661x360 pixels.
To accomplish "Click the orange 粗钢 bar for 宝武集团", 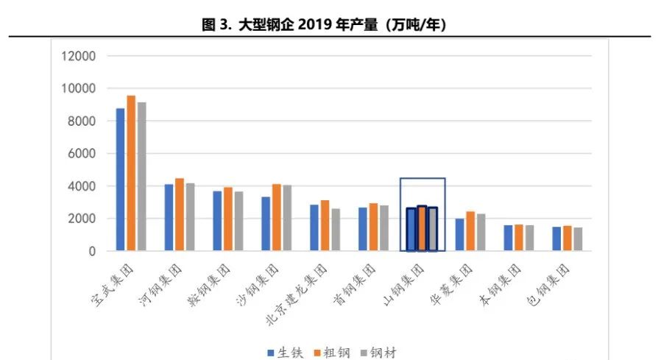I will tap(131, 174).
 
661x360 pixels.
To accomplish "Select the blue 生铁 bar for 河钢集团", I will tap(169, 218).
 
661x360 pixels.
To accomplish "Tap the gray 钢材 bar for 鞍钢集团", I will tap(238, 222).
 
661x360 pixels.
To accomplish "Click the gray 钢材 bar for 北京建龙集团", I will tap(336, 230).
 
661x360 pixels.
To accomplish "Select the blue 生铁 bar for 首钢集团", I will tap(363, 229).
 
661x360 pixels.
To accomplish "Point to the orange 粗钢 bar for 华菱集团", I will tap(470, 231).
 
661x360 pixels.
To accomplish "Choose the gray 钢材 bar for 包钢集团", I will tap(578, 239).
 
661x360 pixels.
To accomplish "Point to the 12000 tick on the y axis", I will tap(79, 56).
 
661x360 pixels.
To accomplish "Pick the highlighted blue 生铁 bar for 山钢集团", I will tap(411, 230).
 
